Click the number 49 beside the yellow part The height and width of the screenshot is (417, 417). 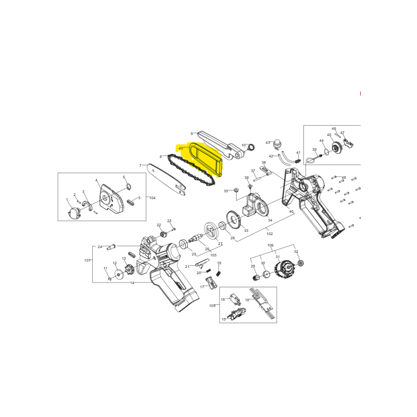(180, 149)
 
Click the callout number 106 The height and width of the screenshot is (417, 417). (271, 246)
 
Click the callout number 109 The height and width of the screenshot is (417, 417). (212, 305)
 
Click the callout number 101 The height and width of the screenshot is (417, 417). (88, 260)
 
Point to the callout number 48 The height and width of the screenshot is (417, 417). (344, 178)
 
